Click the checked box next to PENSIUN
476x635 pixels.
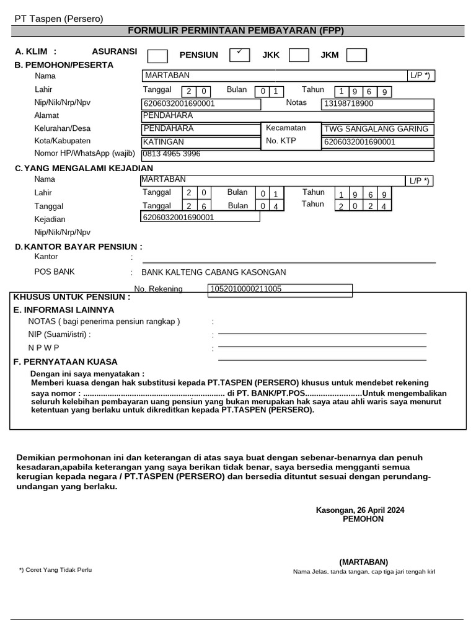[x=239, y=55]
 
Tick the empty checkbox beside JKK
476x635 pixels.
[x=299, y=55]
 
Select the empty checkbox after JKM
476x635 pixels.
[x=356, y=55]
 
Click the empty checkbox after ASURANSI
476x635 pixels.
[x=157, y=56]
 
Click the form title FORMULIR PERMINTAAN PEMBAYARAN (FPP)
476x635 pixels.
[x=236, y=30]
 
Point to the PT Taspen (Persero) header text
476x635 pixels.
[x=59, y=19]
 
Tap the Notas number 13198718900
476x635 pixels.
[x=349, y=104]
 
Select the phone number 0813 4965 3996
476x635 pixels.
[x=172, y=154]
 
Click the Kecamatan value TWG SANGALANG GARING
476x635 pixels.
[x=376, y=129]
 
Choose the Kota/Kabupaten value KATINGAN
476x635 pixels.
[x=164, y=142]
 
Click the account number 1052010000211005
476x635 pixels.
[x=246, y=289]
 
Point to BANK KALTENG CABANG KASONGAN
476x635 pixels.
[x=214, y=272]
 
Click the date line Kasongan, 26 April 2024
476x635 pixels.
[x=360, y=510]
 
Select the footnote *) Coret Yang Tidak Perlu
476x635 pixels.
[x=55, y=569]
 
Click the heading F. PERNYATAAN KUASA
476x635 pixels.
[x=65, y=362]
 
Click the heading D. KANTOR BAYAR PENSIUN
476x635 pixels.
[x=78, y=247]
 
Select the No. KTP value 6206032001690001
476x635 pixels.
[x=359, y=142]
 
